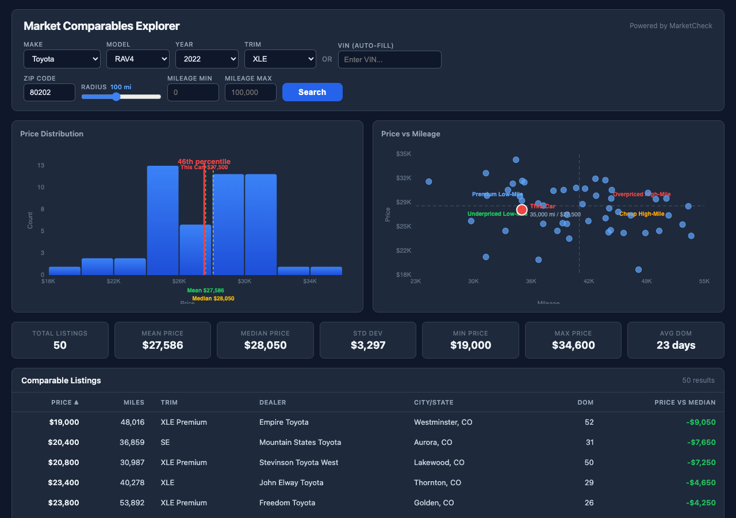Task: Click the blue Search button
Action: (x=312, y=92)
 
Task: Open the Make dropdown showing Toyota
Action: (x=62, y=59)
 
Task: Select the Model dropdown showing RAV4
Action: (x=137, y=59)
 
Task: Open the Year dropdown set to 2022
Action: (x=206, y=59)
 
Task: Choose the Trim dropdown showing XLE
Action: (x=279, y=59)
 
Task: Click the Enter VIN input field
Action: (x=389, y=60)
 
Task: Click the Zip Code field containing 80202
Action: (x=49, y=92)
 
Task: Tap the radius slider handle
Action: (x=116, y=97)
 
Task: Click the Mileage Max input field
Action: (x=250, y=92)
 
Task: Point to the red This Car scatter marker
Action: (x=522, y=210)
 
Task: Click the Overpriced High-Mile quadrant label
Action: (x=642, y=195)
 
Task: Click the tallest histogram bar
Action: (x=163, y=220)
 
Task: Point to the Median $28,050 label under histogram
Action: (x=213, y=299)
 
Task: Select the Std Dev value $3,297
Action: (x=368, y=345)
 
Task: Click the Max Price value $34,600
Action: (x=573, y=345)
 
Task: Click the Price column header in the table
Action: (x=64, y=402)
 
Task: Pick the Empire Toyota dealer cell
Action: (x=284, y=422)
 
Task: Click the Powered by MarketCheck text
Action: (x=670, y=26)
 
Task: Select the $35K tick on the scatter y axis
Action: (x=404, y=154)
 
